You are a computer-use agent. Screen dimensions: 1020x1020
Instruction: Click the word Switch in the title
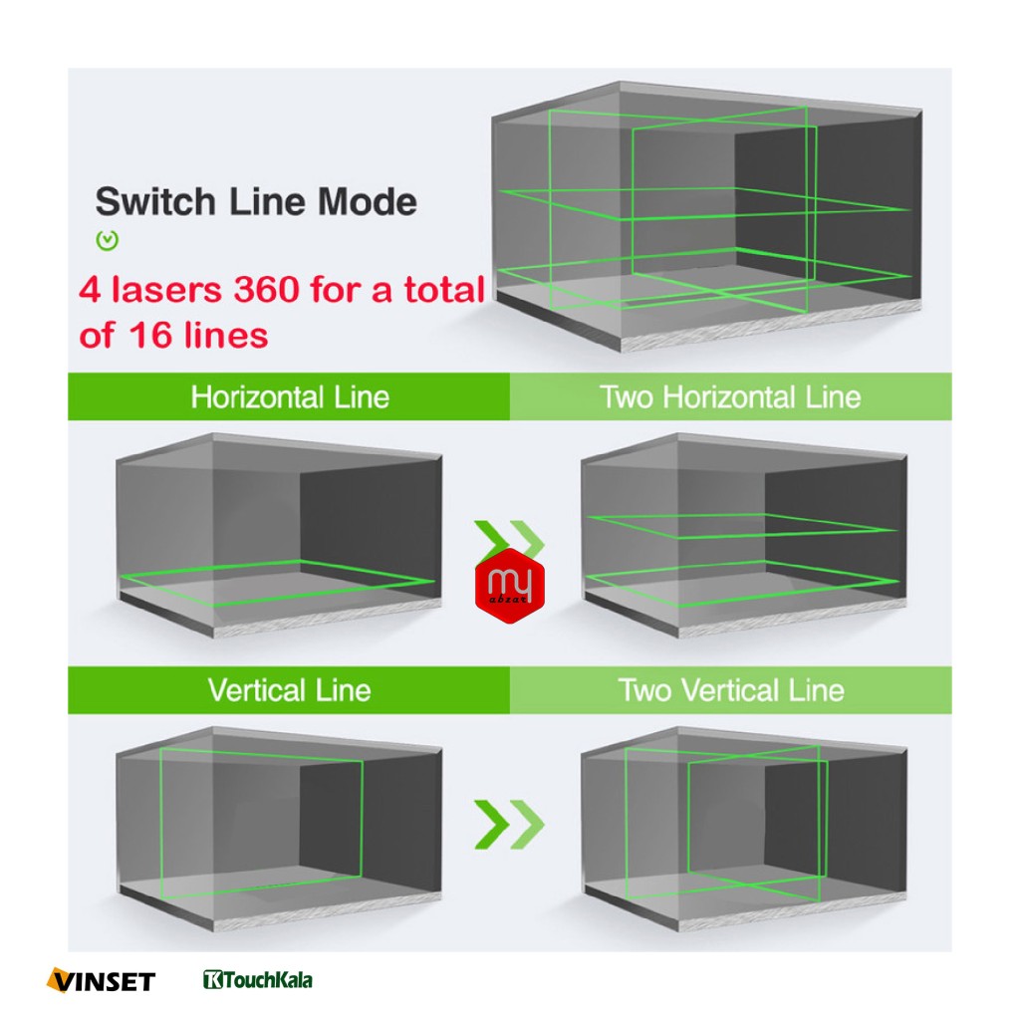155,201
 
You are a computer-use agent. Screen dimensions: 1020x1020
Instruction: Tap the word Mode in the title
368,201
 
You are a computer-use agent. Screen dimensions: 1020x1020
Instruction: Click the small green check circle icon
108,241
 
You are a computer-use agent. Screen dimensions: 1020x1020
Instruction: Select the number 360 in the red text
267,290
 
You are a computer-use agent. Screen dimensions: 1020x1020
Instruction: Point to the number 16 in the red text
150,336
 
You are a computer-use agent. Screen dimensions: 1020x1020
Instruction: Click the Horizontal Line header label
290,396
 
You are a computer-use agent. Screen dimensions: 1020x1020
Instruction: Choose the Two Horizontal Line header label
730,396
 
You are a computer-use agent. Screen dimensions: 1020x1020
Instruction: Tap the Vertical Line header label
290,690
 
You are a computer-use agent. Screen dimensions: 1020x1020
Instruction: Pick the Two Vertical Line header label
731,690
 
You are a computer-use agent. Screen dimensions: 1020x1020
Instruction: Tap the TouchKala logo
258,980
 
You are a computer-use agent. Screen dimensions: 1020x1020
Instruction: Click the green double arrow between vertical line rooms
509,824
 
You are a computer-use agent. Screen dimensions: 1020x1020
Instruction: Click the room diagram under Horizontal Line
280,535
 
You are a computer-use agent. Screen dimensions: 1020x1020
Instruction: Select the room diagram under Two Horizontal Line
744,535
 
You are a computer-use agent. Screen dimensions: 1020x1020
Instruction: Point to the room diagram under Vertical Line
280,829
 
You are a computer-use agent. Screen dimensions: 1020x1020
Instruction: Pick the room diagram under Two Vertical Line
744,829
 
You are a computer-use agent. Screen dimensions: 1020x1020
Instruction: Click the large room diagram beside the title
707,216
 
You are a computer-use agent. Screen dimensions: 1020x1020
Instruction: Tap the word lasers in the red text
166,290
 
